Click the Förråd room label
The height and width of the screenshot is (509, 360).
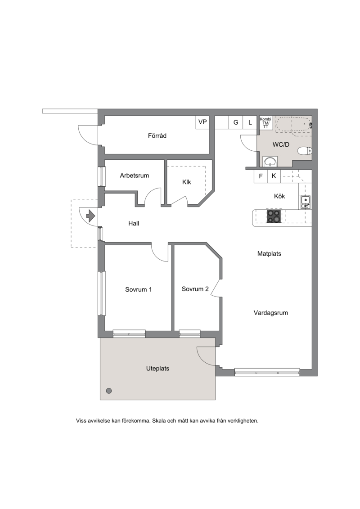tap(157, 136)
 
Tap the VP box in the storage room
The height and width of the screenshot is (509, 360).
tap(202, 122)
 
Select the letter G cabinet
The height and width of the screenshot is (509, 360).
tap(236, 122)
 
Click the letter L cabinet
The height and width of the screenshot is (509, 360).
tap(250, 122)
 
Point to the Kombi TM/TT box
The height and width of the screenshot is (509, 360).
tap(265, 123)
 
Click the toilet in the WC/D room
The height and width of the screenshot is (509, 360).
tap(305, 151)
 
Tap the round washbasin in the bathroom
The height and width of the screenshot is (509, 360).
tap(270, 161)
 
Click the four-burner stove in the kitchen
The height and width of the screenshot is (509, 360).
tap(274, 216)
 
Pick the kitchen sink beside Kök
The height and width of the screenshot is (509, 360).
tap(305, 202)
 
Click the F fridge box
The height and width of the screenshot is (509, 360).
tap(261, 176)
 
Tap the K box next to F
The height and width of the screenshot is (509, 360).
tap(274, 176)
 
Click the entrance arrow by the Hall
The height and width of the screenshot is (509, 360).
tap(90, 215)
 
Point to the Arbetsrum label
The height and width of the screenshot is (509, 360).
tap(135, 176)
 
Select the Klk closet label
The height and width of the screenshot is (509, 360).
tap(187, 182)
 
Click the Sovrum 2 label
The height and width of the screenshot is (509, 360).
tap(195, 289)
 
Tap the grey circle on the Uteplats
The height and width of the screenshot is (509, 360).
tap(109, 391)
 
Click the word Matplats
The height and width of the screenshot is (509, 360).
tap(269, 254)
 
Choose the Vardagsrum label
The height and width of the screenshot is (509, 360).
tap(271, 313)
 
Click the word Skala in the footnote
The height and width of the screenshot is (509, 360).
tap(159, 421)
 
